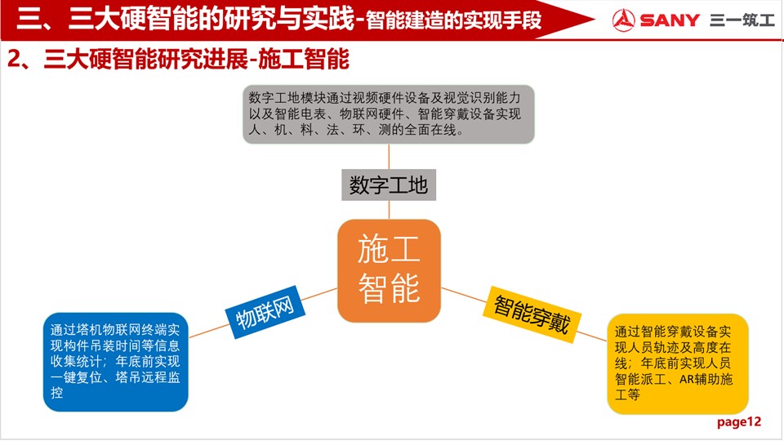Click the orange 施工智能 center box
click(x=389, y=270)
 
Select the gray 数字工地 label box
click(x=389, y=185)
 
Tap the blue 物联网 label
click(x=265, y=313)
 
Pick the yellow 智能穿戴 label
click(x=532, y=314)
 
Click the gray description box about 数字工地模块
click(x=389, y=114)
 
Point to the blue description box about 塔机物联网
click(x=115, y=362)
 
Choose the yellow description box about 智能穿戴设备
click(x=678, y=364)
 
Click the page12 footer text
click(x=738, y=422)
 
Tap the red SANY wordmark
click(x=670, y=20)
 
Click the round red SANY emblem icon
click(x=623, y=20)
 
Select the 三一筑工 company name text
click(x=742, y=20)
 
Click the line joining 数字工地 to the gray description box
click(x=389, y=157)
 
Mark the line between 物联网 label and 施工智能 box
click(x=319, y=295)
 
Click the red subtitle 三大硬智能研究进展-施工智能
click(x=196, y=60)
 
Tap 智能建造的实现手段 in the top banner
click(x=453, y=20)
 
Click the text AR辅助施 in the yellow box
click(x=706, y=380)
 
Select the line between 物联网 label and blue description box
click(x=210, y=331)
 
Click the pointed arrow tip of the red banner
click(x=595, y=20)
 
